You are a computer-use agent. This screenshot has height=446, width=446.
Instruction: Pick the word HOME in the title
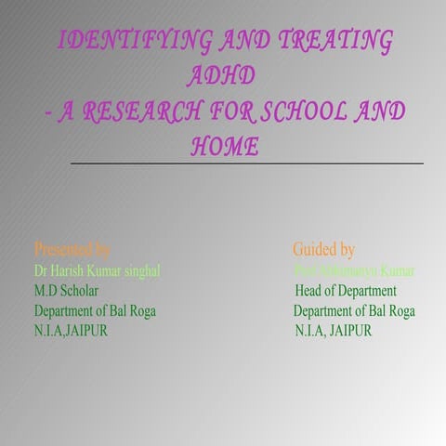click(224, 146)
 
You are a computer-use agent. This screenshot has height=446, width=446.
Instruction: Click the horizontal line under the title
click(246, 164)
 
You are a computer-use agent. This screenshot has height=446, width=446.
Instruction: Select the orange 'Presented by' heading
click(72, 250)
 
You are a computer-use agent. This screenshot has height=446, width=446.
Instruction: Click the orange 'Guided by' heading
click(323, 250)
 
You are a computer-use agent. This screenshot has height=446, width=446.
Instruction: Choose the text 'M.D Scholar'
click(67, 291)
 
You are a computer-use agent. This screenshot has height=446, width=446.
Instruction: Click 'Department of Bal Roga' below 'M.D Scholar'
click(95, 311)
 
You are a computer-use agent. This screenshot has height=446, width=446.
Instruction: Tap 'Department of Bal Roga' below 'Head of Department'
click(354, 311)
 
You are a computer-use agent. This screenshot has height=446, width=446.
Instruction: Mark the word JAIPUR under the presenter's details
click(85, 331)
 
